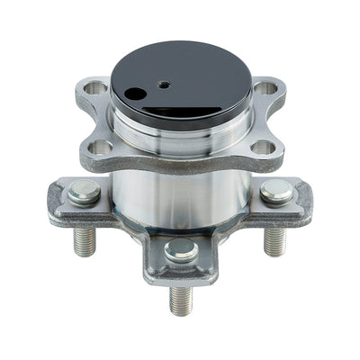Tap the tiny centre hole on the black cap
click(165, 84)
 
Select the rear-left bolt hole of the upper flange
click(94, 88)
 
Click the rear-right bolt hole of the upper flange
click(264, 88)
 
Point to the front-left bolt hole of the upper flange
click(102, 147)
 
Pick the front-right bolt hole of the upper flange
click(260, 147)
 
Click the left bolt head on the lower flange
click(84, 192)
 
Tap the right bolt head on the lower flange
click(276, 191)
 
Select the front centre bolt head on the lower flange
click(180, 249)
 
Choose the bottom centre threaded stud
click(180, 297)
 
